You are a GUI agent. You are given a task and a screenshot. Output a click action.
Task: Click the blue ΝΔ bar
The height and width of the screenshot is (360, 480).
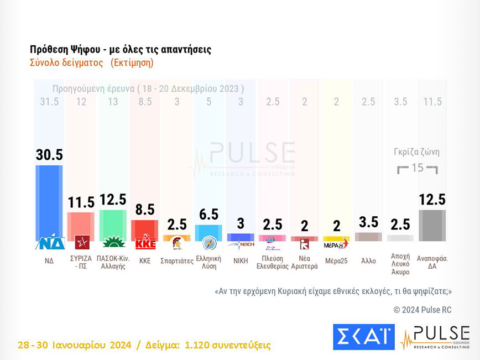pyautogui.click(x=49, y=199)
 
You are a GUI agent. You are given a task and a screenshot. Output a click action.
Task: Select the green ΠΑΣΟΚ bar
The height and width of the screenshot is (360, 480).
pyautogui.click(x=113, y=225)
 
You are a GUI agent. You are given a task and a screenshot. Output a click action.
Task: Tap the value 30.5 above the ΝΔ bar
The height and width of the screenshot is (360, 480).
pyautogui.click(x=49, y=155)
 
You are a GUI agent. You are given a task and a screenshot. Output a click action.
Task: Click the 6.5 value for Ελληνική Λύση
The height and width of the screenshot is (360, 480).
pyautogui.click(x=208, y=215)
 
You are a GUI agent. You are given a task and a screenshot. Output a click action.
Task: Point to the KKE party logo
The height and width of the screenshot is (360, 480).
pyautogui.click(x=145, y=243)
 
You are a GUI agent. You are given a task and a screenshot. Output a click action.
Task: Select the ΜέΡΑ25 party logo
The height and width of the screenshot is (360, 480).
pyautogui.click(x=336, y=243)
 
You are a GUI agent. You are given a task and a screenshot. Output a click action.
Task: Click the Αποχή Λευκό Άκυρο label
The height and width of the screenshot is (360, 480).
pyautogui.click(x=400, y=265)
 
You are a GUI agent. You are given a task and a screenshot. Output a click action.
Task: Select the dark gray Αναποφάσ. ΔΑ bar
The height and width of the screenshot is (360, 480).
pyautogui.click(x=432, y=225)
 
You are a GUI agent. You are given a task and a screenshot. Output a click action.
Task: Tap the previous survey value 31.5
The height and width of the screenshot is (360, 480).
pyautogui.click(x=49, y=102)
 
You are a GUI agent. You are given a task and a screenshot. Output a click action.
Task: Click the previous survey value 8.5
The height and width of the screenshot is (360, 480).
pyautogui.click(x=145, y=102)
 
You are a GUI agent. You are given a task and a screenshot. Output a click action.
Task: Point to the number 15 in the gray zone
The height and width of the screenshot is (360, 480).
pyautogui.click(x=418, y=168)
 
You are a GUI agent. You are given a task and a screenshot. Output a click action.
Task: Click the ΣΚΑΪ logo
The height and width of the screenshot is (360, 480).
pyautogui.click(x=363, y=337)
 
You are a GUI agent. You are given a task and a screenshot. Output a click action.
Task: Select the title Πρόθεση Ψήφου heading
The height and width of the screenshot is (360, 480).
pyautogui.click(x=121, y=49)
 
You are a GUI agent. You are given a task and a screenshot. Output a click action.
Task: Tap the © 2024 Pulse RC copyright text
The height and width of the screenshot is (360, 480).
pyautogui.click(x=422, y=310)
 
